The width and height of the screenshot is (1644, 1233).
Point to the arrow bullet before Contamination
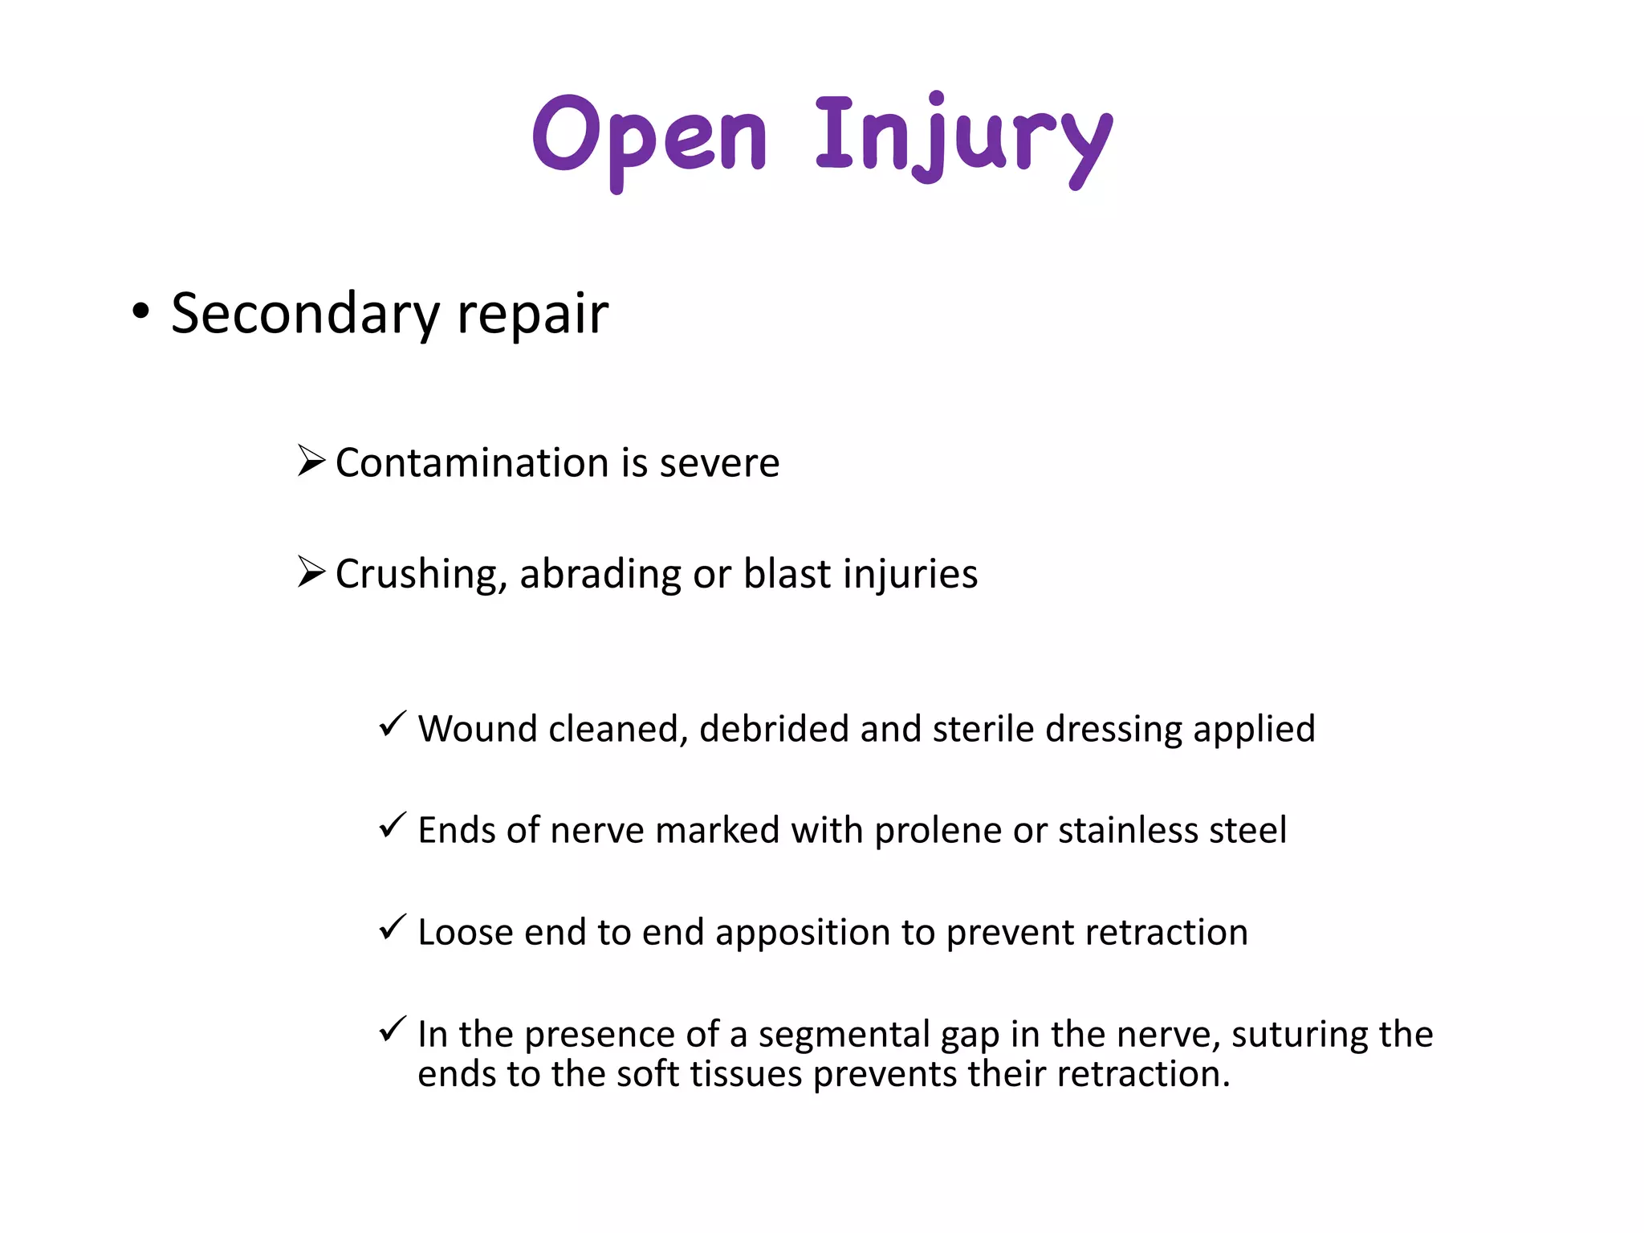(x=311, y=461)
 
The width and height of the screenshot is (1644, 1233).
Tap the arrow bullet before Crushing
(x=311, y=572)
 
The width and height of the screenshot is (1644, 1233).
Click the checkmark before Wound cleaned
(x=393, y=724)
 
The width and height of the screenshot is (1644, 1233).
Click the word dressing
(x=1113, y=730)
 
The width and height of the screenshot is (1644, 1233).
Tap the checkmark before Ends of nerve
(x=393, y=824)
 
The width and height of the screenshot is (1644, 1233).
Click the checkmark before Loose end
(x=393, y=927)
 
